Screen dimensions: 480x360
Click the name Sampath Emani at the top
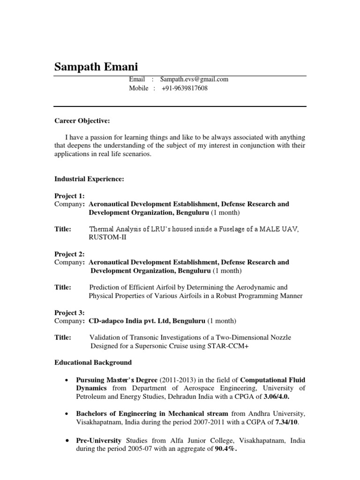[97, 67]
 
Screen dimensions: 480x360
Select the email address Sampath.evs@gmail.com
[194, 80]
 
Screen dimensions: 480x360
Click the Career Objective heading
[82, 121]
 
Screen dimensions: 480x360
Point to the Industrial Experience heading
[89, 179]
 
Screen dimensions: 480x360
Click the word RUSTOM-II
[107, 237]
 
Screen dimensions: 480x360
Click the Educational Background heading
[93, 362]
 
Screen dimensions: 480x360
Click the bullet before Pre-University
[68, 441]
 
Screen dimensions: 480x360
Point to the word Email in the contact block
[137, 80]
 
